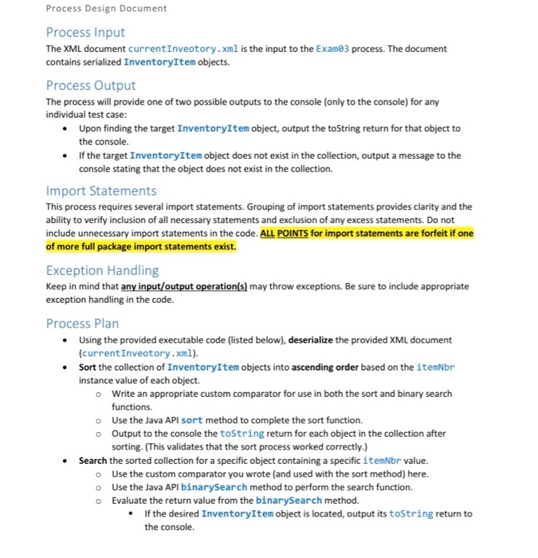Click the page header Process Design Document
point(107,9)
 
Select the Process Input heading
point(85,32)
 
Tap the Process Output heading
point(91,85)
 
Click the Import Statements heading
point(101,191)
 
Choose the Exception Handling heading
point(102,270)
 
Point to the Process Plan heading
point(82,323)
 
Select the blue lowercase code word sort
point(192,420)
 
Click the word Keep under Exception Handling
point(57,286)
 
